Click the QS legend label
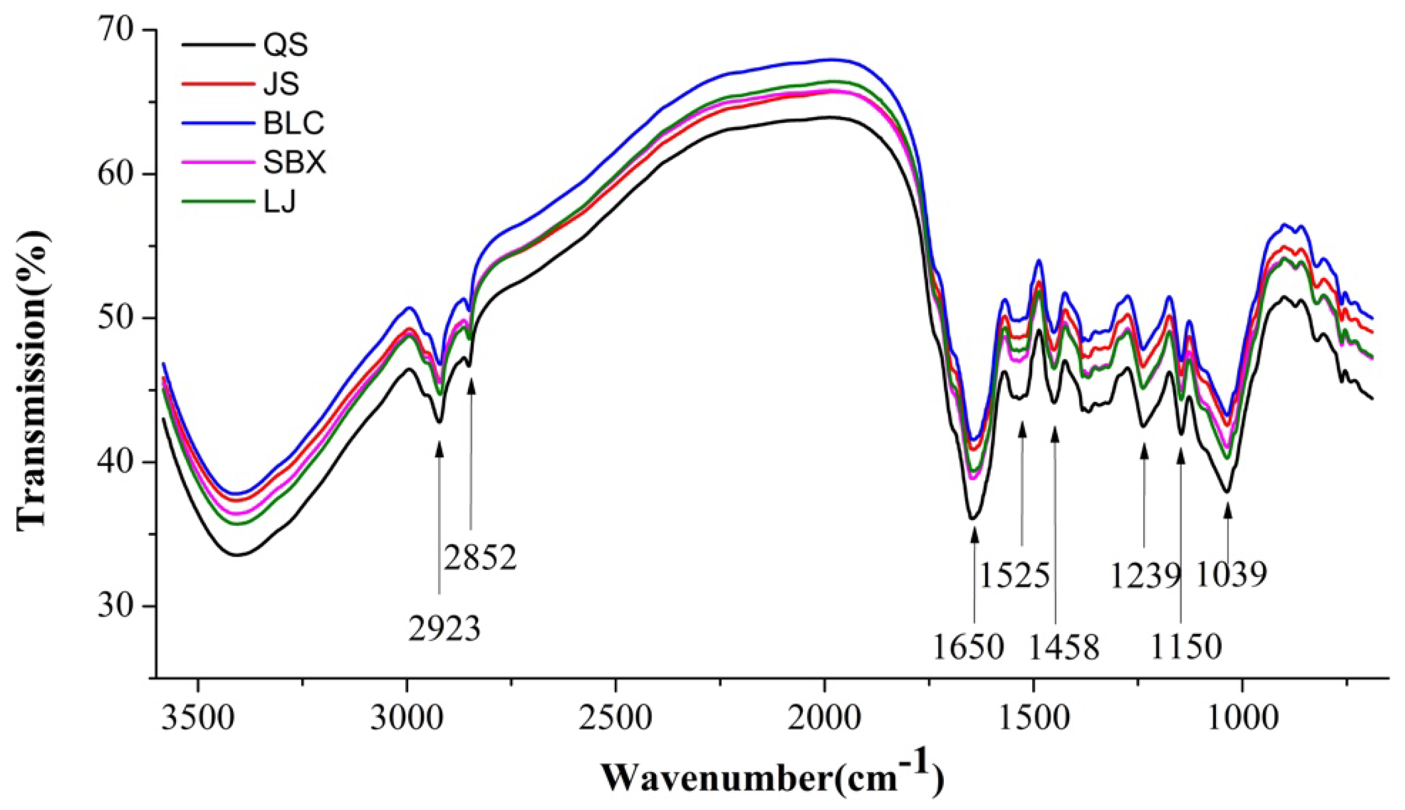(x=286, y=46)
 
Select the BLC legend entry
(x=294, y=124)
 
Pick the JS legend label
(x=282, y=85)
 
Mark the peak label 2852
(x=481, y=558)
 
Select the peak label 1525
(x=1014, y=576)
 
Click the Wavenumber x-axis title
(x=774, y=786)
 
